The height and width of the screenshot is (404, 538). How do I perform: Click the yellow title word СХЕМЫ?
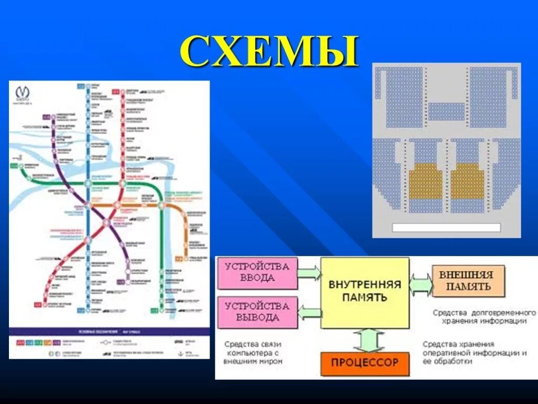[x=269, y=52]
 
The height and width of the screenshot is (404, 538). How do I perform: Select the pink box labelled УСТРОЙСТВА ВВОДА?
[x=257, y=273]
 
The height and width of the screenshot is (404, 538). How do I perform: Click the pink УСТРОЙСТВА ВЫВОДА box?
[x=257, y=311]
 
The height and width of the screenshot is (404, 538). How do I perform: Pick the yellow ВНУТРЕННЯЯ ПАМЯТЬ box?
[x=365, y=291]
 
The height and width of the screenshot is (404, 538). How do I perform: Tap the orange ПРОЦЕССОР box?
[x=364, y=362]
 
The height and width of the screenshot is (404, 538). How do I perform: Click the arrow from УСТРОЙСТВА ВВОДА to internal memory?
[x=309, y=272]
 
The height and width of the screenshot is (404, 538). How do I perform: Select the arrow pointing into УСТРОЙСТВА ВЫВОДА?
[x=309, y=313]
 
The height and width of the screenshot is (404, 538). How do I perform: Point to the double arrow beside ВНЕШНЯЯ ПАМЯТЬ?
[x=421, y=285]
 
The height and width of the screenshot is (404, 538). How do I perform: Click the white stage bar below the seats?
[x=446, y=227]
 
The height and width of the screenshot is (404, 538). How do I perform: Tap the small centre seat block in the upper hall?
[x=446, y=112]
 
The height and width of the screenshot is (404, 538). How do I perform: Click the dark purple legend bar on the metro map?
[x=109, y=331]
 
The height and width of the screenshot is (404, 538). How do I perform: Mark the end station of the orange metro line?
[x=179, y=259]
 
